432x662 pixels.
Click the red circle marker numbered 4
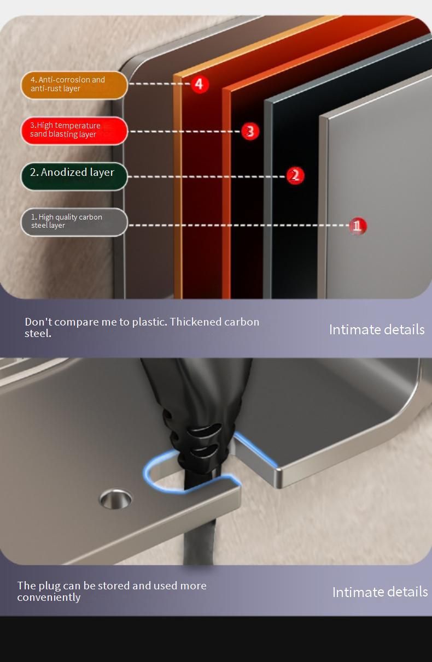[x=200, y=84]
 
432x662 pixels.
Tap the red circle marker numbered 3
[x=250, y=131]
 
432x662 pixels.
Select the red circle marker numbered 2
[x=295, y=175]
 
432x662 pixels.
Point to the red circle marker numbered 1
[x=358, y=226]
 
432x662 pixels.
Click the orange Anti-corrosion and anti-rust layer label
[x=74, y=85]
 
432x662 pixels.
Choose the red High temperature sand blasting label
[x=74, y=131]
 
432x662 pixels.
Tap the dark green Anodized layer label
[x=74, y=176]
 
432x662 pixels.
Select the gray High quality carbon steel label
[x=74, y=222]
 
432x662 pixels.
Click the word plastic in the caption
[x=149, y=322]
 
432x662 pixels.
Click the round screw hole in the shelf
[x=116, y=499]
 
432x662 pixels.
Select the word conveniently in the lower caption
[x=49, y=598]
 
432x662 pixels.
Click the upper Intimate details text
[x=377, y=329]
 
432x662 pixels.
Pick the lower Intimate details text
[x=380, y=592]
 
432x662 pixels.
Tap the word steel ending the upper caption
[x=38, y=333]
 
